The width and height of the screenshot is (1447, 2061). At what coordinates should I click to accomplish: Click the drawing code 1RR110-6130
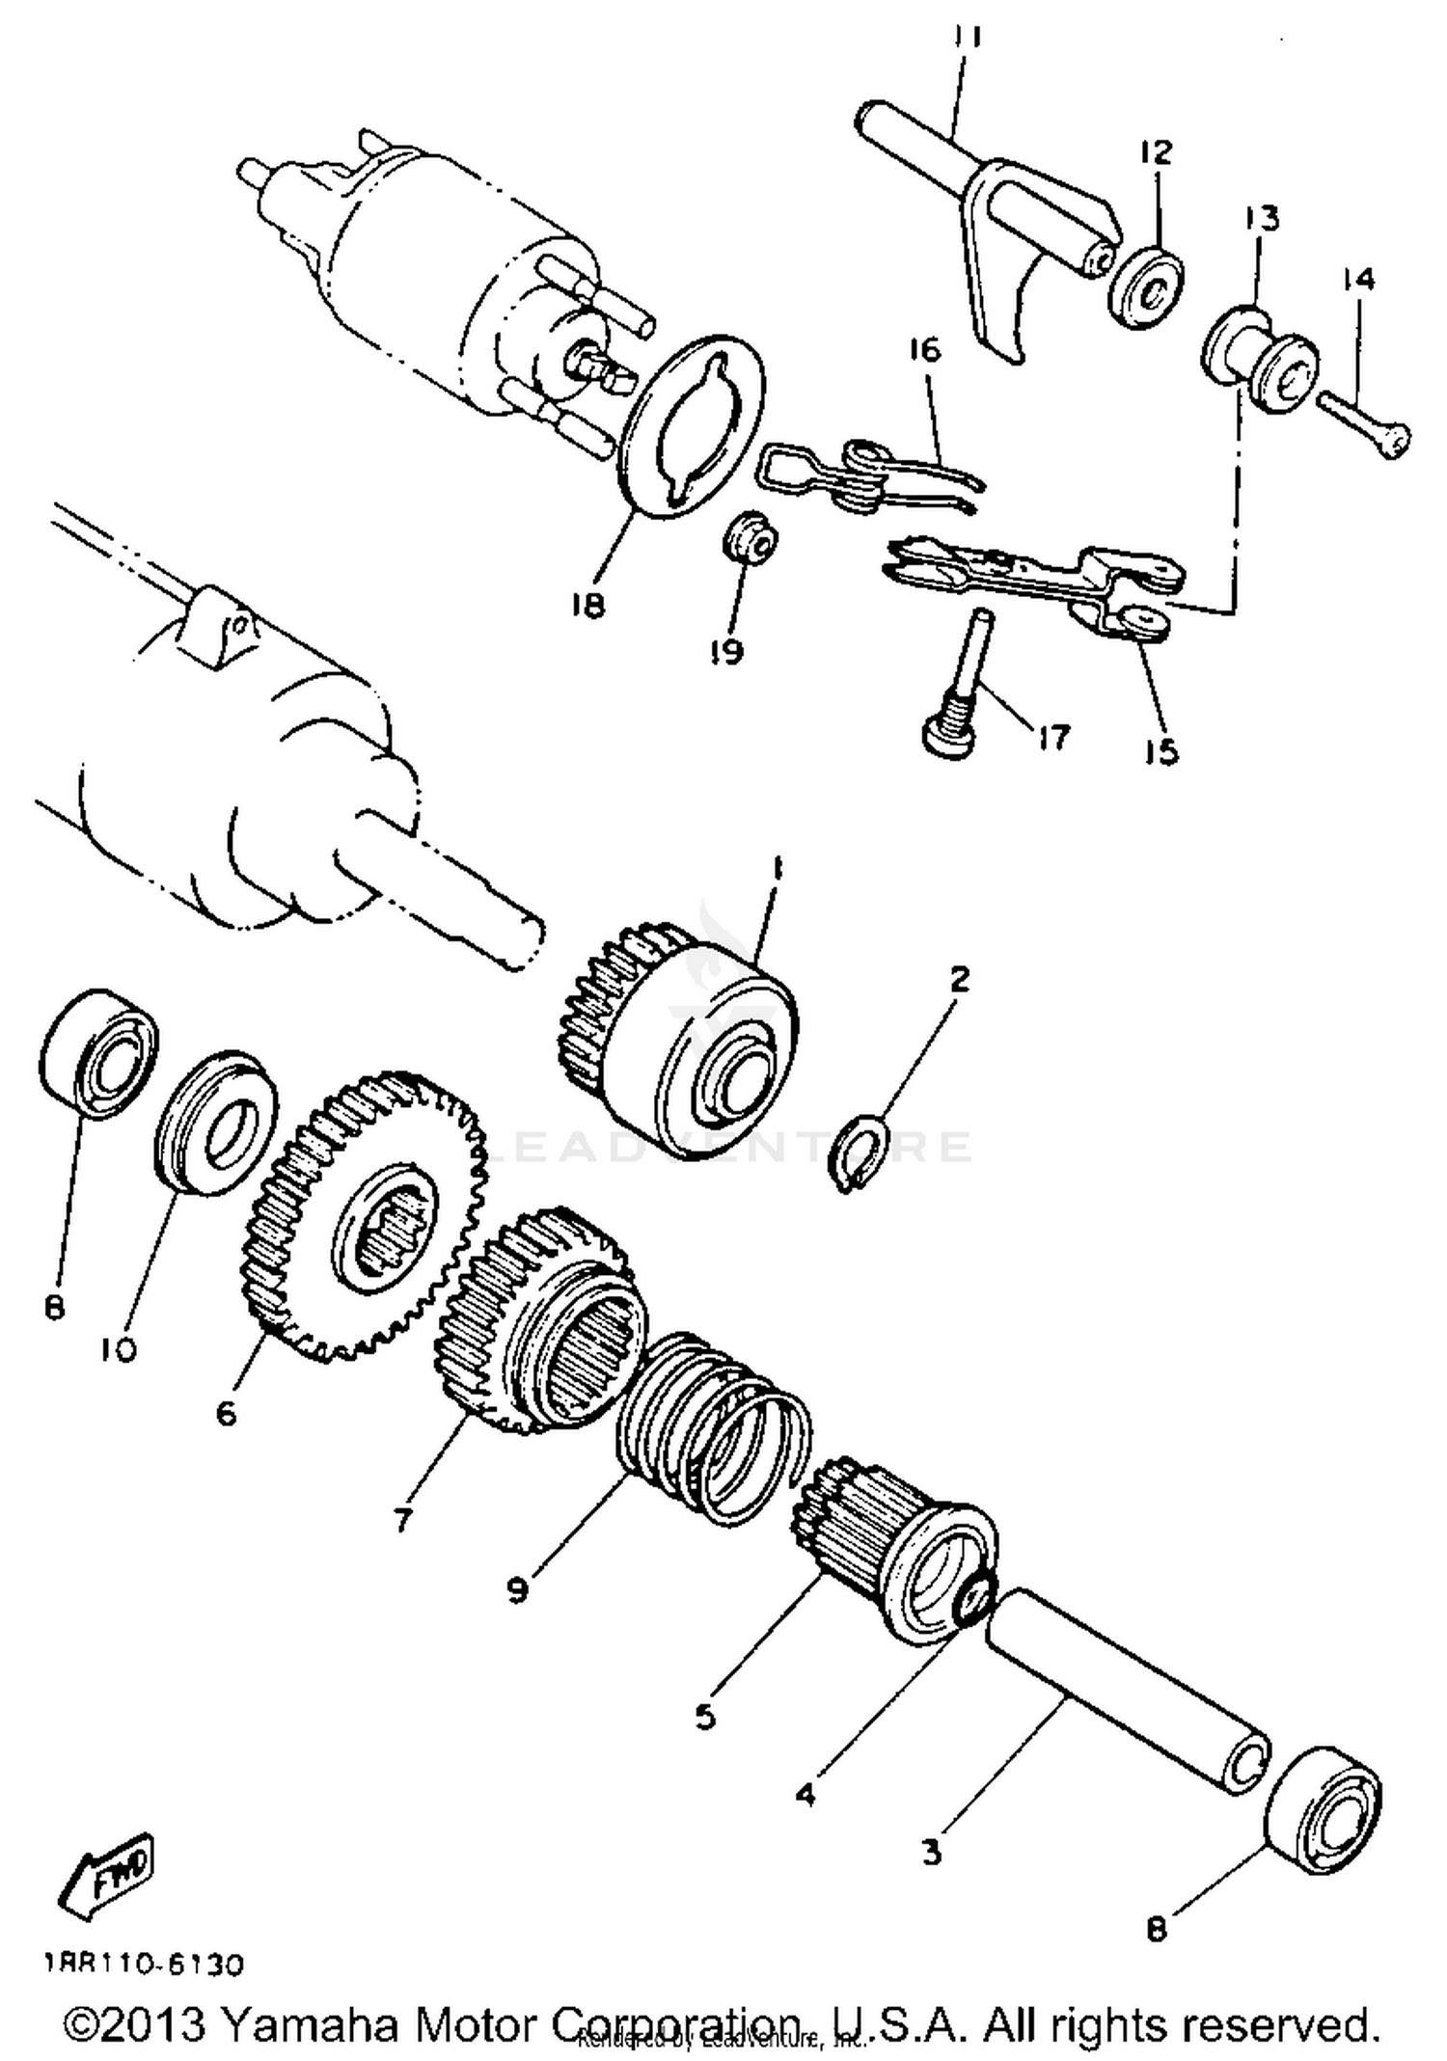143,1964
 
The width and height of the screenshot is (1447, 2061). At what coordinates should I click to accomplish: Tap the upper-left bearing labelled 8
100,1053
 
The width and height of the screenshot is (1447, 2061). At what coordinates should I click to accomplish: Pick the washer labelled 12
1145,288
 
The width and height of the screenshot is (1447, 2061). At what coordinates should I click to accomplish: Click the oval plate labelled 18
692,424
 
